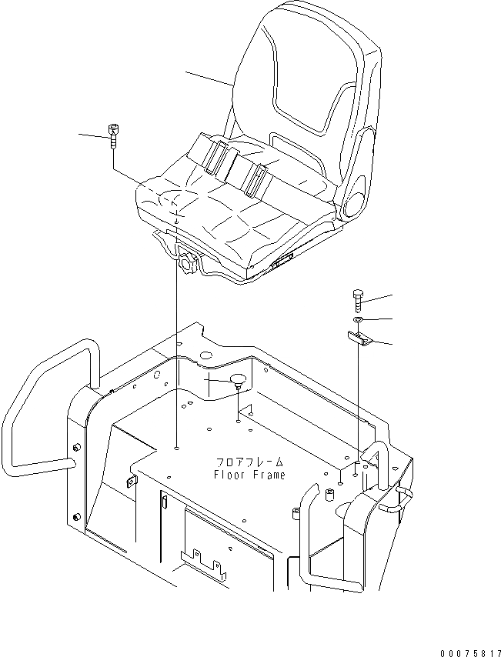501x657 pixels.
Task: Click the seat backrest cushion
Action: [308, 85]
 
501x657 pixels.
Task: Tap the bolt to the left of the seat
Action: [114, 138]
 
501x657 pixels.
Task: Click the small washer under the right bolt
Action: [359, 318]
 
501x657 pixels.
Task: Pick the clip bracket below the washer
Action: [359, 338]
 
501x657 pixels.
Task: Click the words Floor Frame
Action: [249, 475]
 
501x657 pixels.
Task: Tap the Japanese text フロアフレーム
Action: [249, 462]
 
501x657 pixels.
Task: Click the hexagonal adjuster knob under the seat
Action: [185, 262]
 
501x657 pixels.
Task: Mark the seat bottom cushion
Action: [231, 215]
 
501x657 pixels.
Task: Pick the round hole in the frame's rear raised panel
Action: [206, 355]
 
